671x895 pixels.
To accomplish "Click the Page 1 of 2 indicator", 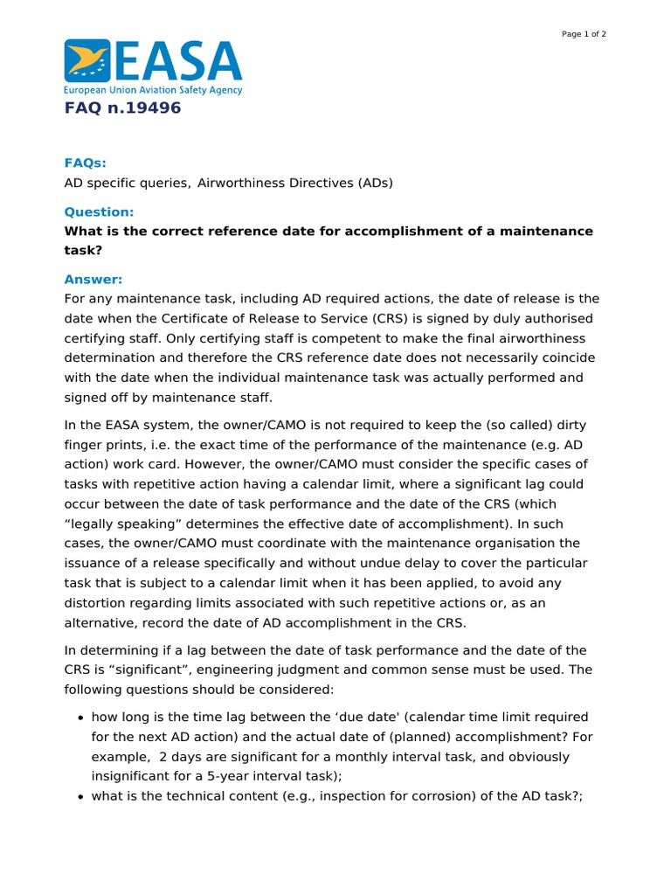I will click(583, 34).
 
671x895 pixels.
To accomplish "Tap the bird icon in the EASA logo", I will click(87, 60).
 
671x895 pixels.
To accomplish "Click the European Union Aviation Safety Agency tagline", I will click(153, 90).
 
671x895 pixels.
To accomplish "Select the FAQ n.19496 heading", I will click(122, 108).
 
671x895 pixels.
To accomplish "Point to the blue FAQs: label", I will click(85, 163).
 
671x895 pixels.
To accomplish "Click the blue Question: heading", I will click(99, 212).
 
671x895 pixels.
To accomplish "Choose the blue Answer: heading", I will click(93, 279).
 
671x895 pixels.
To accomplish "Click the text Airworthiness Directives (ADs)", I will click(295, 183).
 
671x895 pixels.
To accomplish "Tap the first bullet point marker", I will click(80, 718).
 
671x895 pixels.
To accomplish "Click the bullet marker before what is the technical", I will click(80, 796).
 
